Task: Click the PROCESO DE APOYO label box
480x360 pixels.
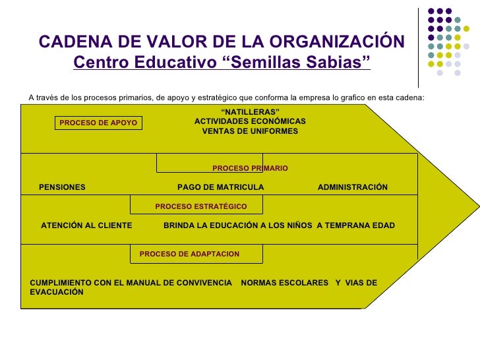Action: coord(98,123)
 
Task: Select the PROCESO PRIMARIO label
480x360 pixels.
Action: coord(250,169)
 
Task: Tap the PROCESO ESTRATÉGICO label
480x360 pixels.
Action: coord(201,206)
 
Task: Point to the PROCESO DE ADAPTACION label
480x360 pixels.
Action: coord(190,254)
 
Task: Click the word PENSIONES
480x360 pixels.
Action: coord(62,187)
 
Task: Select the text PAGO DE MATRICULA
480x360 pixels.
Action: coord(220,187)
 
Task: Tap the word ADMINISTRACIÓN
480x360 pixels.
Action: coord(353,187)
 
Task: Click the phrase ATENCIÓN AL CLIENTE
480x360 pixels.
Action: coord(86,225)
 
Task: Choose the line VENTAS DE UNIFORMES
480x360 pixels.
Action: coord(250,131)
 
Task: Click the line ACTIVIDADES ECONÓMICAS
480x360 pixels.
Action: coord(250,121)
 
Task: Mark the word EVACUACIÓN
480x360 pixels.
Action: coord(57,292)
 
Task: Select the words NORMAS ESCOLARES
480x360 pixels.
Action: coord(285,283)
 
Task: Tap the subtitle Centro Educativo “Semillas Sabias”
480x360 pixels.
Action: coord(222,64)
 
